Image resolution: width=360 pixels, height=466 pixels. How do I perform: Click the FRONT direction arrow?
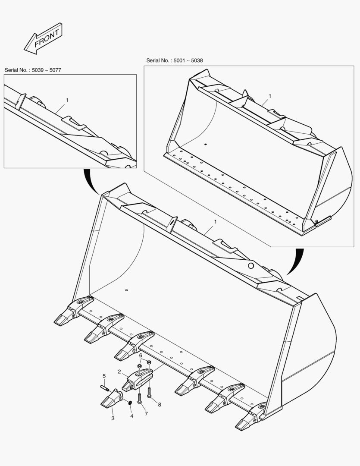tap(43, 38)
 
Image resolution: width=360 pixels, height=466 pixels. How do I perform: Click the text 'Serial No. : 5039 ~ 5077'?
tap(33, 70)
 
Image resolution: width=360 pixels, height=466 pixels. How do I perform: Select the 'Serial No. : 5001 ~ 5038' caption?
tap(175, 61)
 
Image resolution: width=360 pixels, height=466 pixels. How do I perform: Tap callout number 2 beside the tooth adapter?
tap(119, 372)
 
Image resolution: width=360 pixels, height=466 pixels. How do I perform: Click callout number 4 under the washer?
tap(131, 416)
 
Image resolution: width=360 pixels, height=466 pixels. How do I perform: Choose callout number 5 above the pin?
tap(104, 376)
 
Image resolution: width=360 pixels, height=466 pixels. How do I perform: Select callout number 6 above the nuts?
tap(141, 356)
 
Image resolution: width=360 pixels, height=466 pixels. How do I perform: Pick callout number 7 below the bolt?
tap(146, 414)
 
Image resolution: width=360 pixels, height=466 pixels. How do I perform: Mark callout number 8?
tap(160, 404)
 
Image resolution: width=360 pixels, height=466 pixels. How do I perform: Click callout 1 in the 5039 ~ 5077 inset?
tap(67, 100)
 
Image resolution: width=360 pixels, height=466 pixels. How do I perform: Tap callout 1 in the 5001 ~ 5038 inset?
tap(270, 96)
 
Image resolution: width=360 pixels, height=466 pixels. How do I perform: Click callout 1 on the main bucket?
tap(215, 222)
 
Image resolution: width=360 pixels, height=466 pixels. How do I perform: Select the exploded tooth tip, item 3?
tap(112, 399)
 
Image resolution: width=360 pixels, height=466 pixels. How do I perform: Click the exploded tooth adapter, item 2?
tap(137, 379)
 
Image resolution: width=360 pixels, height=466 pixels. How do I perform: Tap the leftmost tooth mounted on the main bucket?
tap(73, 311)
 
